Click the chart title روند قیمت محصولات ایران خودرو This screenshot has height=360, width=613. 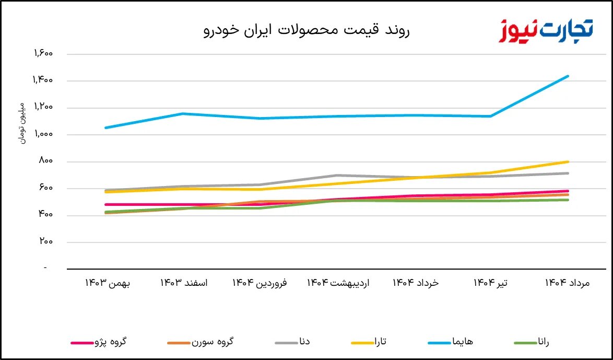tap(306, 30)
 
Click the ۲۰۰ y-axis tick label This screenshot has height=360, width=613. tap(46, 241)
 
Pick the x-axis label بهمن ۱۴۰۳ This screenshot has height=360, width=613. tap(108, 283)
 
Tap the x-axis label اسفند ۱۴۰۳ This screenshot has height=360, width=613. tap(184, 283)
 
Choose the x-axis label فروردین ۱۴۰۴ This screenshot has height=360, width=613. tap(260, 283)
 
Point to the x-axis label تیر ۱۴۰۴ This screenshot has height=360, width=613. tap(491, 283)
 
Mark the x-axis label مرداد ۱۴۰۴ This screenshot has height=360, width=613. tap(567, 283)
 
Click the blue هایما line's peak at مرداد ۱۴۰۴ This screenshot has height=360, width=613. tap(568, 76)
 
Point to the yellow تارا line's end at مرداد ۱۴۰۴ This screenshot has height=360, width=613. tap(568, 162)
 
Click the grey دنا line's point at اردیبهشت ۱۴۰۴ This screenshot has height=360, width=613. tap(338, 175)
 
